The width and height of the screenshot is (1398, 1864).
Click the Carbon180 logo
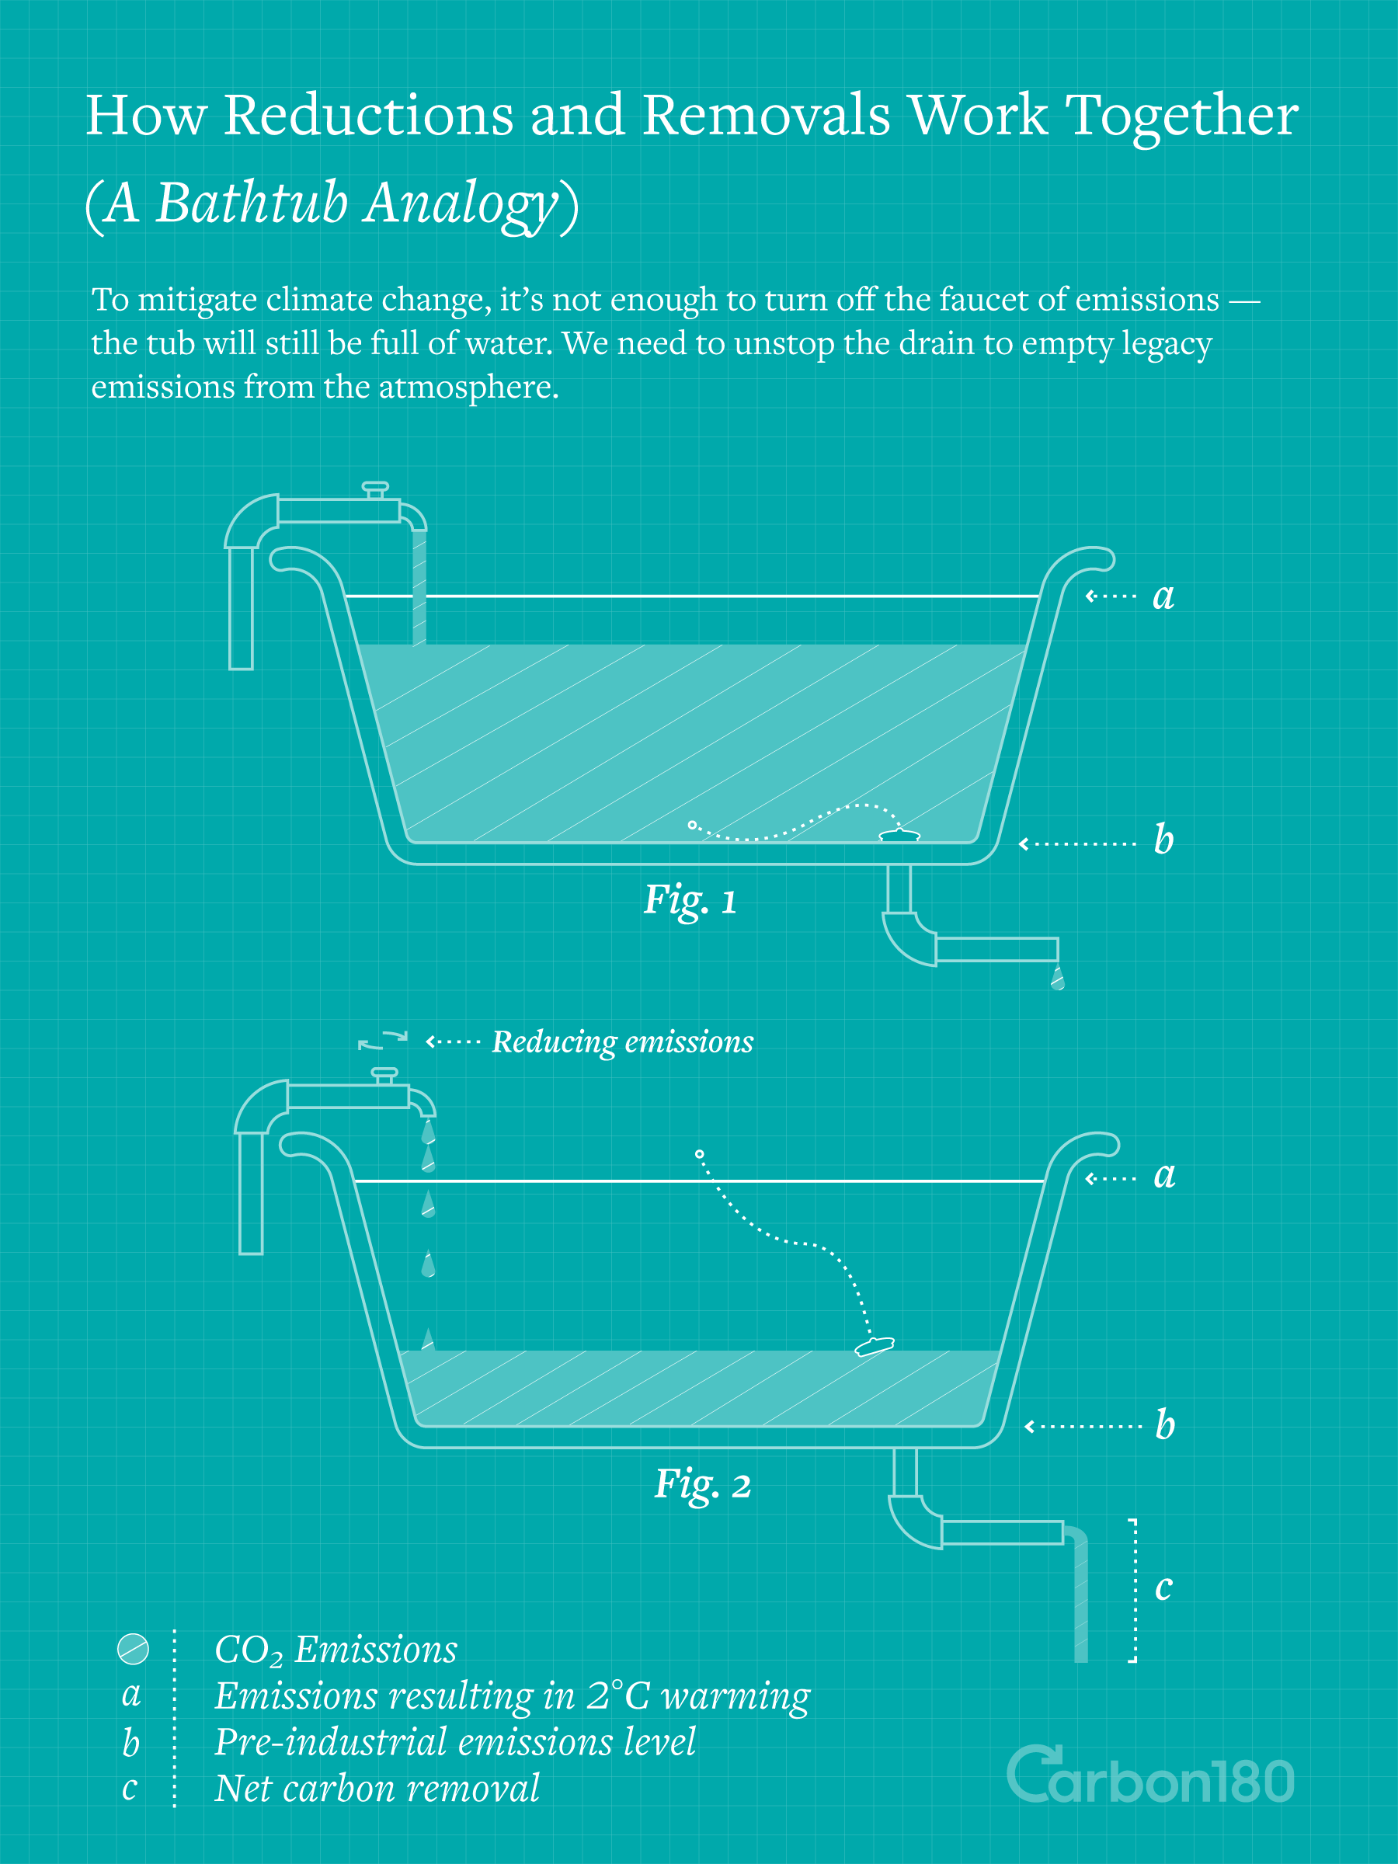pyautogui.click(x=1150, y=1775)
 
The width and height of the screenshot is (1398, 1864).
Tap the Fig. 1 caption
pyautogui.click(x=690, y=900)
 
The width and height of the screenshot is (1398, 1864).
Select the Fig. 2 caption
pyautogui.click(x=703, y=1484)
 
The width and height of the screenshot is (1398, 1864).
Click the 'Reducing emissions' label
pyautogui.click(x=623, y=1042)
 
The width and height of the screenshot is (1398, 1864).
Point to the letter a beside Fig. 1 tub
pyautogui.click(x=1163, y=596)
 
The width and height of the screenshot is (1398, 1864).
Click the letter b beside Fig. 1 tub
pyautogui.click(x=1163, y=839)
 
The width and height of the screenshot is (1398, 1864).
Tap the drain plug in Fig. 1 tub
pyautogui.click(x=899, y=835)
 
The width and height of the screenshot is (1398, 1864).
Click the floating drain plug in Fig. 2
pyautogui.click(x=874, y=1346)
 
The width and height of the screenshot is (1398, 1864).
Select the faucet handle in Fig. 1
pyautogui.click(x=375, y=489)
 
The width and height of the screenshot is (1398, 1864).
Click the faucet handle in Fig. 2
pyautogui.click(x=384, y=1075)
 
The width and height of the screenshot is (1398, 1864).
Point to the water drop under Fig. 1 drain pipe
pyautogui.click(x=1058, y=978)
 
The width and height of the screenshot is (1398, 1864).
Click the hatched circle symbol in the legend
pyautogui.click(x=133, y=1649)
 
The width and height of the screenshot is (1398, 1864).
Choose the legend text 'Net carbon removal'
pyautogui.click(x=377, y=1788)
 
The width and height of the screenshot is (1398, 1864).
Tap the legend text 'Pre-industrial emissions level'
pyautogui.click(x=455, y=1742)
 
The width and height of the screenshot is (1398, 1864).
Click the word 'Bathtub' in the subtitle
pyautogui.click(x=251, y=202)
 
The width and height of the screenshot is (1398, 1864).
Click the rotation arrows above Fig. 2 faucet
pyautogui.click(x=383, y=1040)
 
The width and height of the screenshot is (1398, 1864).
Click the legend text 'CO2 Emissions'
pyautogui.click(x=336, y=1650)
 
